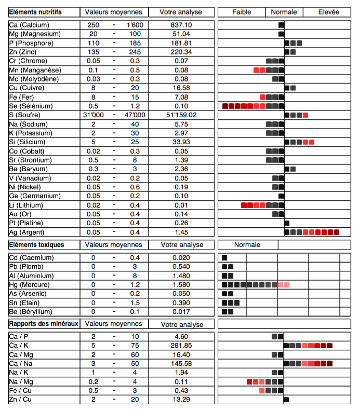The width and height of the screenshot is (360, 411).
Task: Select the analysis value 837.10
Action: click(181, 25)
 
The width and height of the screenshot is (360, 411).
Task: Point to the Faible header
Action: click(242, 11)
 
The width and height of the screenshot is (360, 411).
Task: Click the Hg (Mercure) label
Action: click(30, 284)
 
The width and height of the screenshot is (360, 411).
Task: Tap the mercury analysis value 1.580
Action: click(181, 284)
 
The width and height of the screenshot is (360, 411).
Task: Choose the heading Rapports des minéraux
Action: click(44, 323)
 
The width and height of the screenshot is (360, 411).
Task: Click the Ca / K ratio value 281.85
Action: click(181, 345)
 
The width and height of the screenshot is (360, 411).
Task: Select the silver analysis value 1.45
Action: click(181, 232)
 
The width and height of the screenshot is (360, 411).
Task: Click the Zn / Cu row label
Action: click(21, 399)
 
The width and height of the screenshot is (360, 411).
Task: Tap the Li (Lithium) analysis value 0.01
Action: click(181, 205)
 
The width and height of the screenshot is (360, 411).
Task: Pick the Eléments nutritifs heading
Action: click(35, 11)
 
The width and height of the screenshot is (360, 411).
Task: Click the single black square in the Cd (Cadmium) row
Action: click(224, 258)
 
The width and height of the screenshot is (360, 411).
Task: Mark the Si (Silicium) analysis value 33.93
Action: click(181, 142)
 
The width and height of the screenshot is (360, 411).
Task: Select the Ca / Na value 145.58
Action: click(181, 363)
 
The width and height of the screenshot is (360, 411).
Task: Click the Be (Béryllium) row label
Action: click(31, 311)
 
